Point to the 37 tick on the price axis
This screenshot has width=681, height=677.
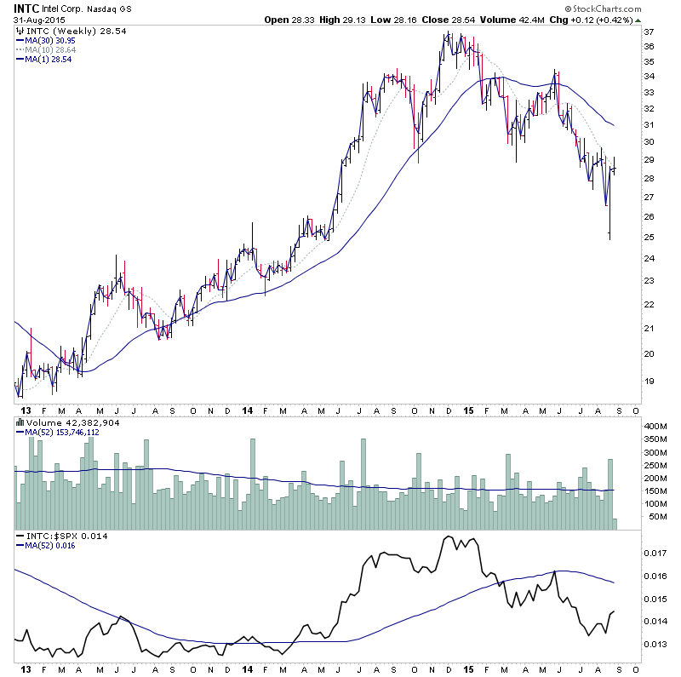pos(649,32)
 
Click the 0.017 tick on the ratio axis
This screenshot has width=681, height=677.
pos(654,553)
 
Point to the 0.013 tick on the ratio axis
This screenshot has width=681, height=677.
pos(654,645)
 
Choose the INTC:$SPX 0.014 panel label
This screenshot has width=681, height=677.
pos(54,536)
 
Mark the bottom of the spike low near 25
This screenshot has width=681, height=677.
pos(609,239)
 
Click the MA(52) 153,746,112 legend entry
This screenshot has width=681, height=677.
pos(65,432)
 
